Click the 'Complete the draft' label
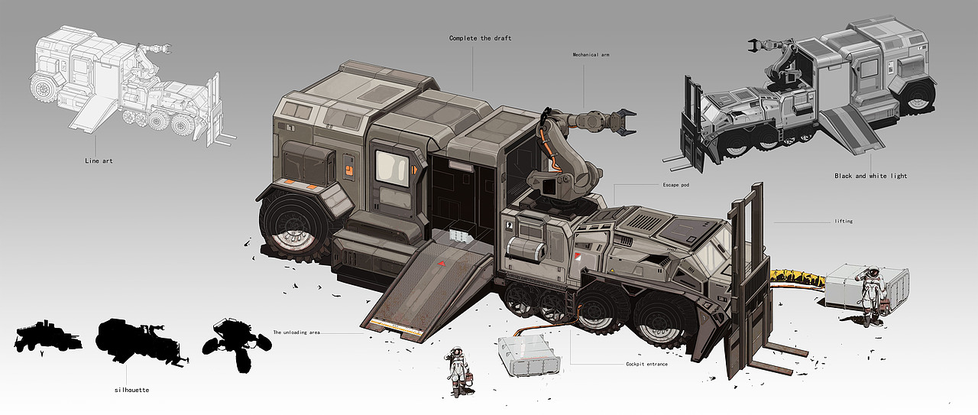pos(481,38)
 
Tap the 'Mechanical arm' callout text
pos(591,54)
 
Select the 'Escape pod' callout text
pos(676,185)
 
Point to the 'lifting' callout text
pos(844,221)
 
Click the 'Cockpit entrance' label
pos(646,364)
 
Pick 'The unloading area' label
pos(296,332)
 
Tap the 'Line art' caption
pos(99,160)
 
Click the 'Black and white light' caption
pos(870,176)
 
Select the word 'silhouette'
pos(131,390)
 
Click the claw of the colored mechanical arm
pos(624,121)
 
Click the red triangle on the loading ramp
pos(442,264)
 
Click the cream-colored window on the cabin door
pos(392,168)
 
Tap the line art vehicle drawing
pos(131,85)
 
